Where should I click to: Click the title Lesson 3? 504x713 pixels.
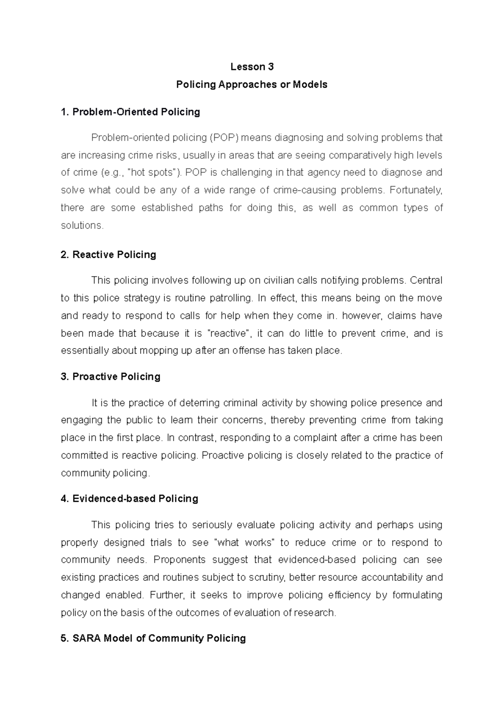tap(252, 67)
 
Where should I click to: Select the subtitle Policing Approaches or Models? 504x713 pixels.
tap(252, 84)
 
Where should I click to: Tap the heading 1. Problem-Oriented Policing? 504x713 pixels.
tap(130, 112)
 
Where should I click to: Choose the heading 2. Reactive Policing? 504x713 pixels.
tap(108, 254)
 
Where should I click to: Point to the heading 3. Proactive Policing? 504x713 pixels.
tap(110, 376)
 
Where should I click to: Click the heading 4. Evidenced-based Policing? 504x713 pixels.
tap(129, 498)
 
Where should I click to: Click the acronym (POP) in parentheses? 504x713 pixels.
tap(223, 137)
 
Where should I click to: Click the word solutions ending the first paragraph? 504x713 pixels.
tap(81, 225)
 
